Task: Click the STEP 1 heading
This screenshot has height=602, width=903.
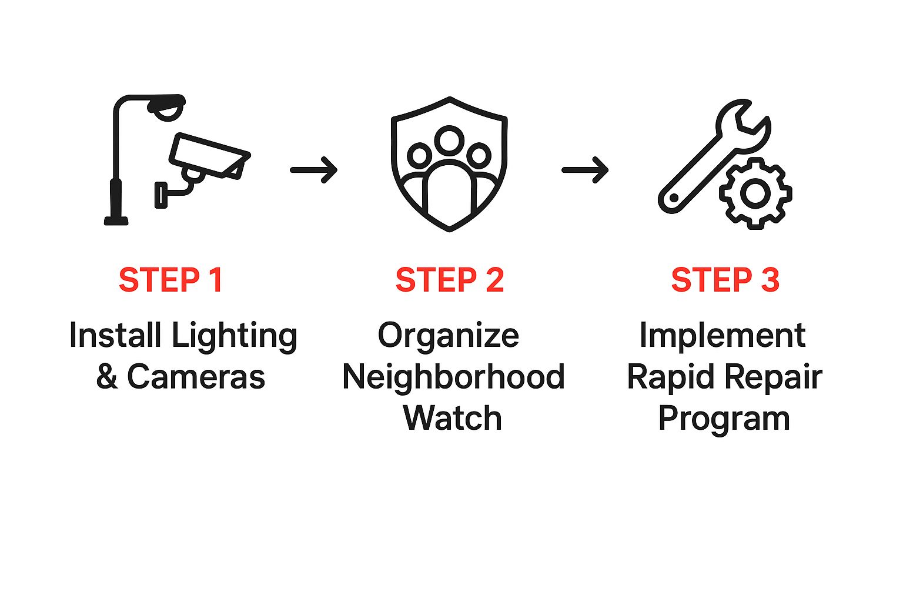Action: point(170,280)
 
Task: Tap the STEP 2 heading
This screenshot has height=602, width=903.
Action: point(450,280)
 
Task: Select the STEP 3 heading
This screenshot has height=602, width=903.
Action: point(725,280)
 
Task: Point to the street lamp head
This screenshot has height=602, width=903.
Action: point(167,107)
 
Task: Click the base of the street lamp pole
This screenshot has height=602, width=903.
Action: point(116,220)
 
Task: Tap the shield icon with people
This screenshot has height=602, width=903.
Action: point(449,165)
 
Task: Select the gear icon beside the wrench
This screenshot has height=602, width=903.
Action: point(755,193)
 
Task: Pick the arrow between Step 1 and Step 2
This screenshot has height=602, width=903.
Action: point(314,170)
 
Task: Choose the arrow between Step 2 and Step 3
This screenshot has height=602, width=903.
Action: point(585,170)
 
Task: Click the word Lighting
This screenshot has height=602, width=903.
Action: point(234,336)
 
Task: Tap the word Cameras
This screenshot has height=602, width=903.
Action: point(196,377)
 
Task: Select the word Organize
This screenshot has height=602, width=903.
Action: point(448,336)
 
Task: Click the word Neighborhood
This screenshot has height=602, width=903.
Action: point(453,377)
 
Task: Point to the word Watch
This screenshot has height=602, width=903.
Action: point(452,418)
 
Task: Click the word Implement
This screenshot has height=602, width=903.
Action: point(722,336)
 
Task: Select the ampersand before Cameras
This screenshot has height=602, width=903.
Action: point(107,377)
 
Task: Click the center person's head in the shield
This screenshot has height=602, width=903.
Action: point(450,140)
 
